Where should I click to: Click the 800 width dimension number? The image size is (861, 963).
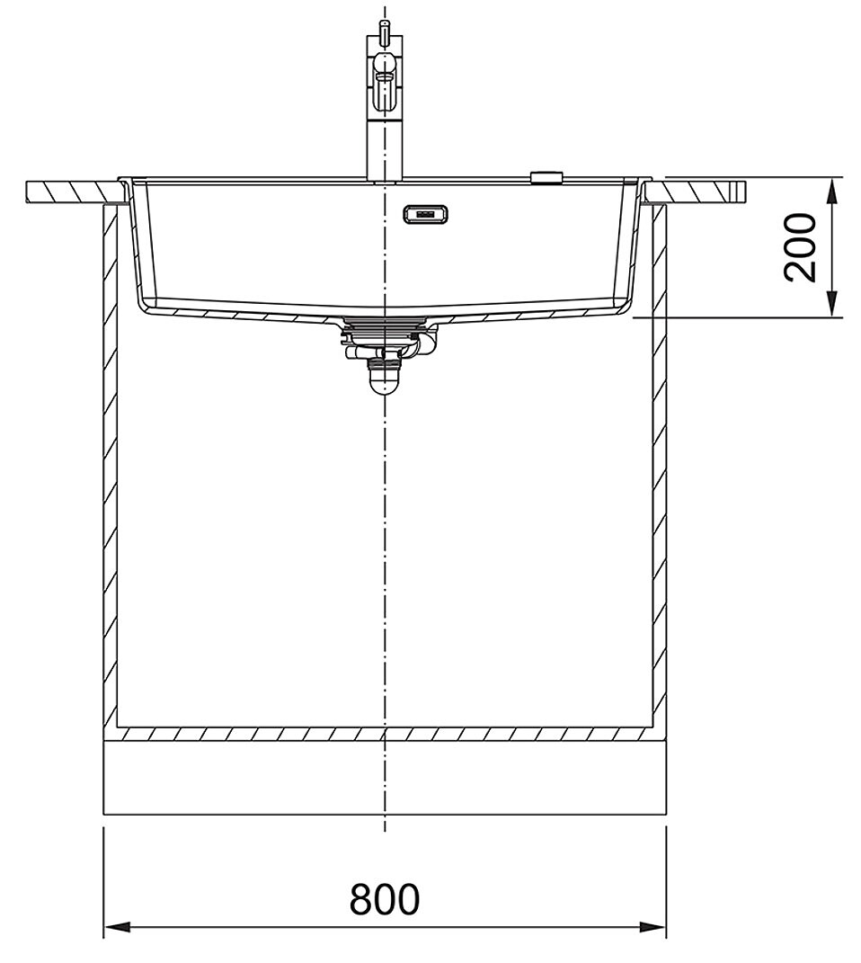(x=384, y=900)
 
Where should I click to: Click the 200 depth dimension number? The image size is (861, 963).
(x=801, y=247)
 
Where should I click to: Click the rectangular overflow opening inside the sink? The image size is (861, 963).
(x=425, y=214)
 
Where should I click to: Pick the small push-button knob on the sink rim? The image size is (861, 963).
(x=546, y=177)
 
